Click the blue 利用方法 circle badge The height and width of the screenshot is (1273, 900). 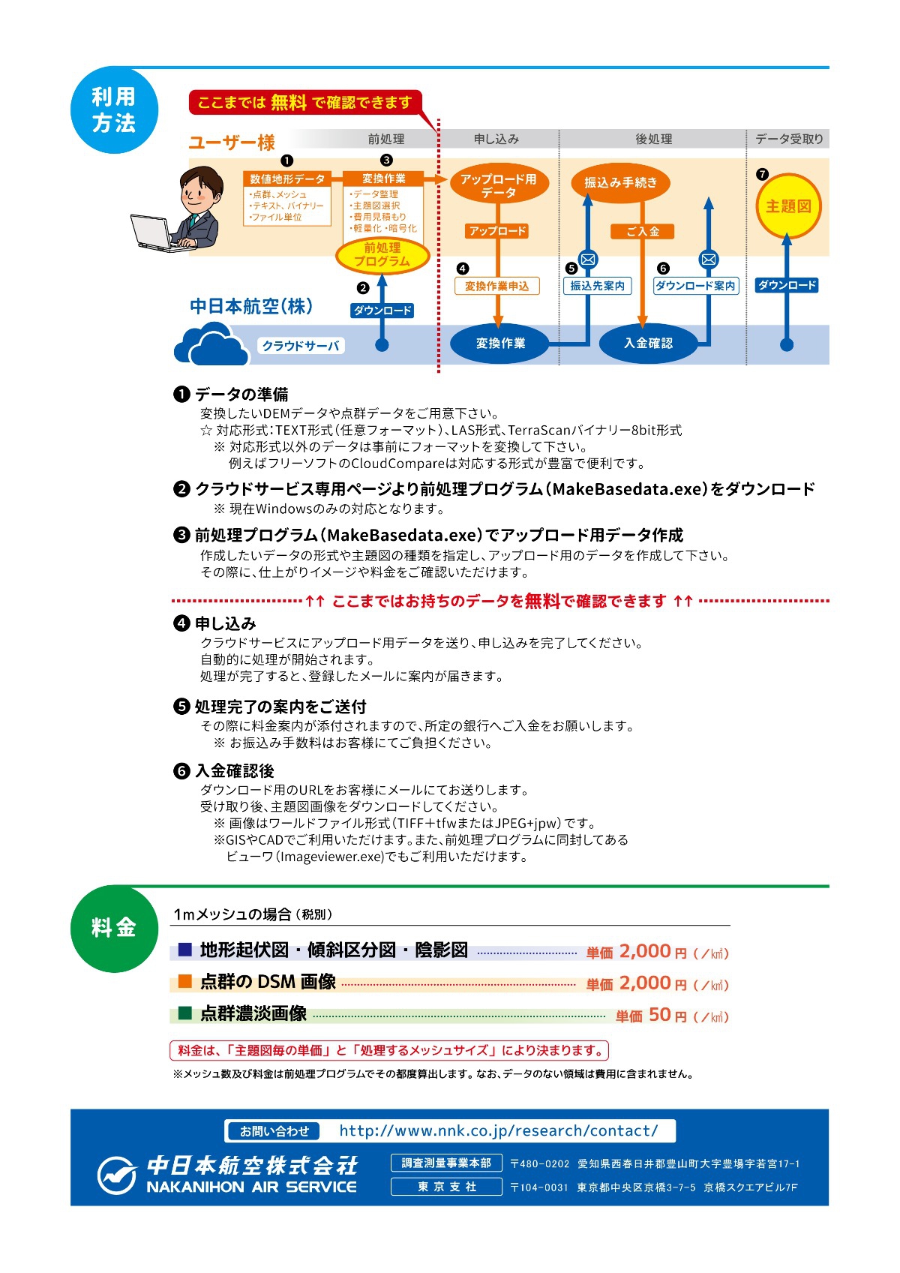(114, 110)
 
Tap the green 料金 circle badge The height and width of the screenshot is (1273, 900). (114, 928)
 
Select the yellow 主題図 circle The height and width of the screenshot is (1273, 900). (788, 206)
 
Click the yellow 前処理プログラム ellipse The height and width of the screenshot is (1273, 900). (382, 254)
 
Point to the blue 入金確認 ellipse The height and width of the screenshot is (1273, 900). (648, 343)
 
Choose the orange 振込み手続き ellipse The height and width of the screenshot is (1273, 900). (620, 182)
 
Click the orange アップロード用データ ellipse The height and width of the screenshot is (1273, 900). (498, 185)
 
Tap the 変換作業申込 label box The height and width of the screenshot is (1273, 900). (496, 286)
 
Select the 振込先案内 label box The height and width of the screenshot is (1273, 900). (597, 286)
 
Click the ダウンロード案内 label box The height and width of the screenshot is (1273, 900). (695, 286)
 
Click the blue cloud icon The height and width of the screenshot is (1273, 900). (211, 344)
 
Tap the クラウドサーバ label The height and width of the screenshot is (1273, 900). (301, 346)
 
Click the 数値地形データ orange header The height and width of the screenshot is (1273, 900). (287, 179)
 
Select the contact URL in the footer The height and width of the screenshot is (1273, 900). (498, 1130)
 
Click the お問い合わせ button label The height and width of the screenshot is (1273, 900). (274, 1131)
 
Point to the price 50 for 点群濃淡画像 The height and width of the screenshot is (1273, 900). (660, 1014)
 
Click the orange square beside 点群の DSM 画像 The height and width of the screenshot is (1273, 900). (184, 981)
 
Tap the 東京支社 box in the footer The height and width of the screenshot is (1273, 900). (446, 1187)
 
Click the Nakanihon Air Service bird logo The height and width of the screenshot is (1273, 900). (117, 1175)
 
